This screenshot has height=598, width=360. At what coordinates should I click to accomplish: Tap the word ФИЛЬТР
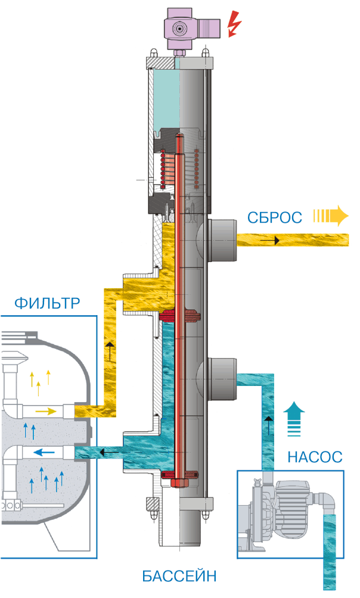coord(46,304)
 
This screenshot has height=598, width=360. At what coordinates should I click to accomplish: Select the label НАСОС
coord(315,457)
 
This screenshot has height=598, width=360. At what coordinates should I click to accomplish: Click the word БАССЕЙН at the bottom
coord(179,576)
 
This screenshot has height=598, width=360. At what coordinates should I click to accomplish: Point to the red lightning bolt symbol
coord(236,25)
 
